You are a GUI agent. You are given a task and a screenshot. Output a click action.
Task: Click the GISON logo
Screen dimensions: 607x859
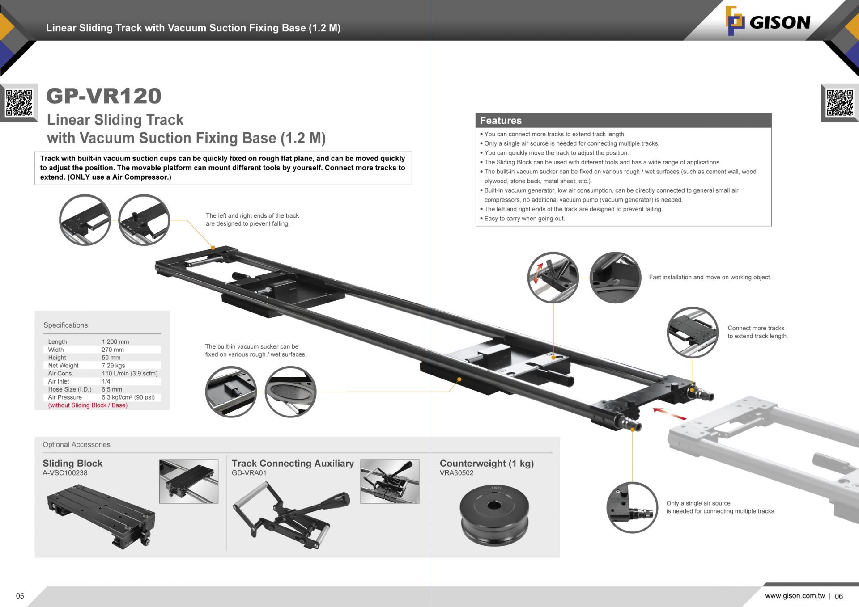tap(768, 21)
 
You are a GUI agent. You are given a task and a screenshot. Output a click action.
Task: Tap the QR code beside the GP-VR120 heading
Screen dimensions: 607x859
tap(19, 102)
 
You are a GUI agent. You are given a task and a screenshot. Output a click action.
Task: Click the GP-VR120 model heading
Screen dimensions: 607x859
tap(104, 96)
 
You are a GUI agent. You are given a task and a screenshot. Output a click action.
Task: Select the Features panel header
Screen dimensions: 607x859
tap(623, 120)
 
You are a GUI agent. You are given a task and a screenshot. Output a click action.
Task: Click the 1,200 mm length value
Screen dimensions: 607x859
tap(115, 341)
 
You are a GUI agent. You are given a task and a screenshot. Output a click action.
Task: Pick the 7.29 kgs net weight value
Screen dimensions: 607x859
tap(113, 365)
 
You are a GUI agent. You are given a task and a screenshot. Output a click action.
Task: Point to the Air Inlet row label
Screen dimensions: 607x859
tap(59, 381)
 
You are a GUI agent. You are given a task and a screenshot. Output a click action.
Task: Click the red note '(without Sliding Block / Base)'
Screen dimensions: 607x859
tap(88, 405)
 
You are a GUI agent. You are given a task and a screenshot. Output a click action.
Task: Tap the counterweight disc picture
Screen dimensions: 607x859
tap(494, 514)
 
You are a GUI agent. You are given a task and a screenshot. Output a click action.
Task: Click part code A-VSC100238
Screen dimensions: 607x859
tap(65, 473)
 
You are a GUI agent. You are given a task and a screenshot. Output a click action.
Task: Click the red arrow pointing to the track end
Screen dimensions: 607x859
tap(669, 413)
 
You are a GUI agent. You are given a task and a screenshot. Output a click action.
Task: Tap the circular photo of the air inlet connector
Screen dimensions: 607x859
tap(632, 507)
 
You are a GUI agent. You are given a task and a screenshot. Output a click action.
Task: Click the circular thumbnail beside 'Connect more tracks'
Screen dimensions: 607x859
tap(692, 332)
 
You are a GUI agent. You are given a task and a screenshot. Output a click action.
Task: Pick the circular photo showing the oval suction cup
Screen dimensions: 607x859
tap(290, 392)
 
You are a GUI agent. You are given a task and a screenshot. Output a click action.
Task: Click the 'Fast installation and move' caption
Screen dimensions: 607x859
tap(710, 277)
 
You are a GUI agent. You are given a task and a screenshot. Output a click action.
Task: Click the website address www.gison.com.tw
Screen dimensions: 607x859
tap(795, 596)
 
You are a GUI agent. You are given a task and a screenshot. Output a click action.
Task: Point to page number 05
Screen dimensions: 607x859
tap(20, 596)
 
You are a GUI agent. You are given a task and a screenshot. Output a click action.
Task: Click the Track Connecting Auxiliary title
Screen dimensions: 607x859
tap(293, 463)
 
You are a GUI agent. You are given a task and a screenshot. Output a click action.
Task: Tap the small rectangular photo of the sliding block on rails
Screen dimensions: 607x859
tap(188, 481)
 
